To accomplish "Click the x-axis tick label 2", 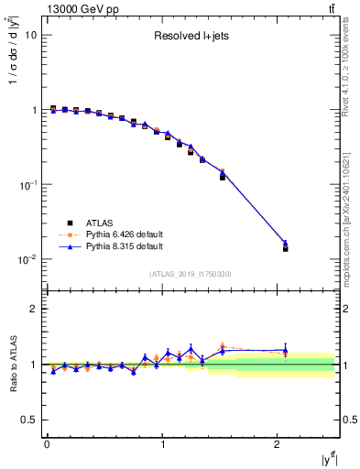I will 278,444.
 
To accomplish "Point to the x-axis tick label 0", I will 47,444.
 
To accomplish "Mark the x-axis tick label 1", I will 162,444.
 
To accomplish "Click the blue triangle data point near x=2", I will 285,243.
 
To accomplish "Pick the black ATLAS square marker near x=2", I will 285,248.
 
